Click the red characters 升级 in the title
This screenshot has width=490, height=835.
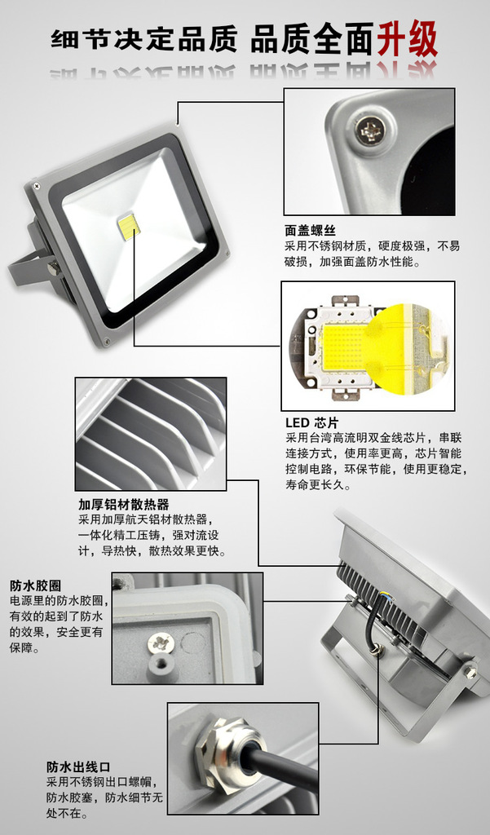408,39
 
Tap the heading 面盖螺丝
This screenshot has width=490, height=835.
310,231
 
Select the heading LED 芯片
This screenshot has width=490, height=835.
311,423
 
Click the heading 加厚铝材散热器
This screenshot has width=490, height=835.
124,504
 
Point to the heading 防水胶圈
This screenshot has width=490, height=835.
35,585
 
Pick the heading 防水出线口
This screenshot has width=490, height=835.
78,767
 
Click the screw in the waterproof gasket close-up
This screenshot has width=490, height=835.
161,643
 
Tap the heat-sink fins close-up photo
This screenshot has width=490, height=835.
151,434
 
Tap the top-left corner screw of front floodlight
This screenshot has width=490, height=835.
37,185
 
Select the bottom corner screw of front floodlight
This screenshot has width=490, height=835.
107,341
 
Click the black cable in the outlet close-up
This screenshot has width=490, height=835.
282,770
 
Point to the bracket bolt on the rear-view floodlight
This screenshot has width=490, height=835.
470,671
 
